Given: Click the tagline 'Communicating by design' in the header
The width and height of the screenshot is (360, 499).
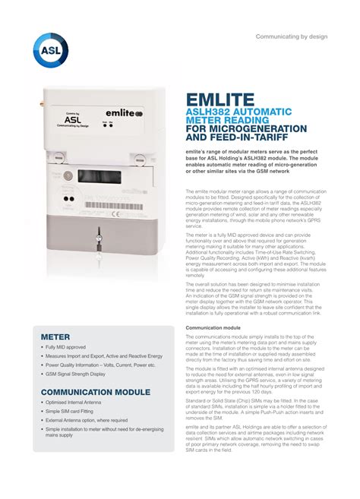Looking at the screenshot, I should click(x=290, y=36).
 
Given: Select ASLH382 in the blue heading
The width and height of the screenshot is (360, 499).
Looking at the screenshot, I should click(x=208, y=113).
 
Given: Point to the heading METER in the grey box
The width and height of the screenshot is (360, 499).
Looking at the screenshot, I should click(x=55, y=336).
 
